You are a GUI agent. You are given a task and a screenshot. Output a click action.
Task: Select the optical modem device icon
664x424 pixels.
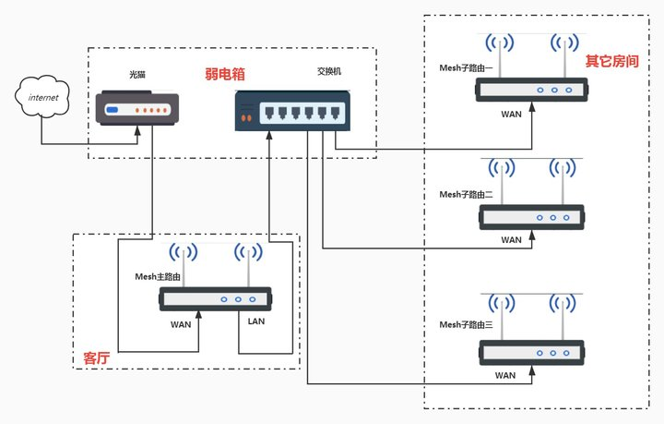pyautogui.click(x=136, y=108)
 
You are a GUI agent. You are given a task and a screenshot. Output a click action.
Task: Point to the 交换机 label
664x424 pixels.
pyautogui.click(x=330, y=72)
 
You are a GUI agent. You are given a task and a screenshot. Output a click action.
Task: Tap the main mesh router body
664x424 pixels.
pyautogui.click(x=215, y=299)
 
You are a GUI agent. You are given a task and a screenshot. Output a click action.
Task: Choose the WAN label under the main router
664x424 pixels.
pyautogui.click(x=181, y=324)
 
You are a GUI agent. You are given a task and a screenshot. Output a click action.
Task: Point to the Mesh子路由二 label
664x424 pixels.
pyautogui.click(x=466, y=194)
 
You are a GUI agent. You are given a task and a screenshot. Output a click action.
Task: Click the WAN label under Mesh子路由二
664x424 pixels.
pyautogui.click(x=511, y=240)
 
